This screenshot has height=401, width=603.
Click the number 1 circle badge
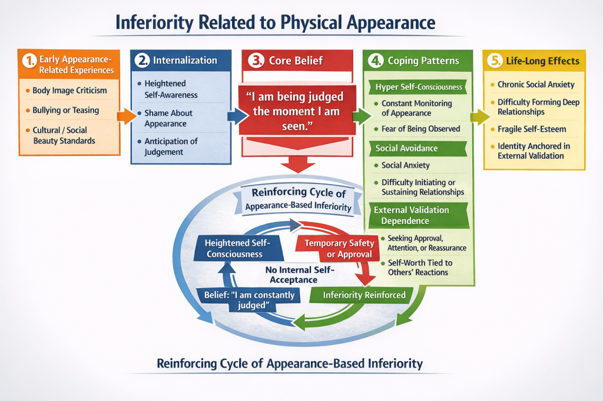pyautogui.click(x=29, y=61)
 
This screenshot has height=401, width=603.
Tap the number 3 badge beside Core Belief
pyautogui.click(x=256, y=61)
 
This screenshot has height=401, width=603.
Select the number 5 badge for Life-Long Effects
pyautogui.click(x=495, y=61)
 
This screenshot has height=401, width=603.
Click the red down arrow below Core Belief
pyautogui.click(x=298, y=164)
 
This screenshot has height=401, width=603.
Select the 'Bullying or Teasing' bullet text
pyautogui.click(x=66, y=110)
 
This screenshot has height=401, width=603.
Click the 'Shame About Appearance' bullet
pyautogui.click(x=168, y=118)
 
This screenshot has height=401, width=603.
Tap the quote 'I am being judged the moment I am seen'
pyautogui.click(x=296, y=111)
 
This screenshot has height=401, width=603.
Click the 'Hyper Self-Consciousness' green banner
pyautogui.click(x=418, y=87)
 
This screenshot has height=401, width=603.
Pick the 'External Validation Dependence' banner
pyautogui.click(x=419, y=215)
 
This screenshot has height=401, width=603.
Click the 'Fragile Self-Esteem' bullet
pyautogui.click(x=532, y=129)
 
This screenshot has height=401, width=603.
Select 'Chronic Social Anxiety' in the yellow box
pyautogui.click(x=536, y=85)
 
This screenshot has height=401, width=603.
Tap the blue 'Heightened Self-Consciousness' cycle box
pyautogui.click(x=238, y=249)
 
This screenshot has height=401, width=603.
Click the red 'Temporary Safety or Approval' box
pyautogui.click(x=338, y=249)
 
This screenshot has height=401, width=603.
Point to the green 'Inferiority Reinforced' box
pyautogui.click(x=362, y=295)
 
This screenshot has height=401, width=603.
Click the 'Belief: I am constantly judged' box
pyautogui.click(x=248, y=300)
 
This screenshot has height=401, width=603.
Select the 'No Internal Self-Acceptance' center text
pyautogui.click(x=300, y=275)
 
